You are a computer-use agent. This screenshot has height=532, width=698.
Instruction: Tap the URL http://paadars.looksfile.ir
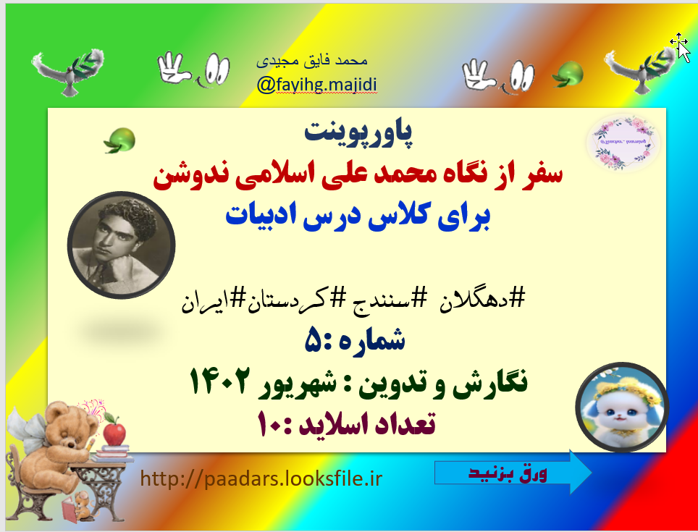(261, 478)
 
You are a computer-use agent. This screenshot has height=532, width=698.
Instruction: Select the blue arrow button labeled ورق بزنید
(511, 473)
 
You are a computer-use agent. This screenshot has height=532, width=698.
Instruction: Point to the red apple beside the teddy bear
(114, 433)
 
